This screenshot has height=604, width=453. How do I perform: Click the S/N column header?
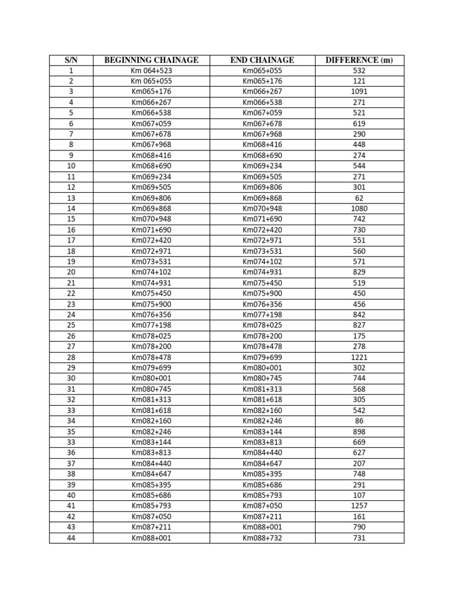pyautogui.click(x=71, y=60)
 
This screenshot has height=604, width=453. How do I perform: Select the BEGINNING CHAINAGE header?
pyautogui.click(x=151, y=60)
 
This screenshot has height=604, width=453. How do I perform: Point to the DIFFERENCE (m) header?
pyautogui.click(x=359, y=60)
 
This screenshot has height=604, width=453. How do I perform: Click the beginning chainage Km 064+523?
pyautogui.click(x=151, y=70)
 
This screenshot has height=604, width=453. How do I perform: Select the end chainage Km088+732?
pyautogui.click(x=262, y=538)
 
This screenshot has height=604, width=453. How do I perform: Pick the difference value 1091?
pyautogui.click(x=359, y=91)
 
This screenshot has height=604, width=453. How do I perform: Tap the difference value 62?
pyautogui.click(x=359, y=198)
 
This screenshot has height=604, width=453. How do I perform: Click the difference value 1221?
pyautogui.click(x=359, y=357)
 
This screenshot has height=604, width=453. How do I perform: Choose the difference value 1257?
pyautogui.click(x=359, y=506)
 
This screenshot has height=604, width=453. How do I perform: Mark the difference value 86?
pyautogui.click(x=359, y=421)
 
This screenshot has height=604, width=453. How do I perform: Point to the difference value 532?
pyautogui.click(x=359, y=70)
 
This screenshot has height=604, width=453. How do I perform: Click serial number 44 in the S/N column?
pyautogui.click(x=71, y=538)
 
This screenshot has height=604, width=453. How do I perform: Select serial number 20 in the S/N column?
pyautogui.click(x=71, y=272)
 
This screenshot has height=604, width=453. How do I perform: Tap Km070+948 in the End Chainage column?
pyautogui.click(x=262, y=208)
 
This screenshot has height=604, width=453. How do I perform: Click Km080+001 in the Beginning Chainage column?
pyautogui.click(x=151, y=378)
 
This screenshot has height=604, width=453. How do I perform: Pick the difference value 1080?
pyautogui.click(x=359, y=208)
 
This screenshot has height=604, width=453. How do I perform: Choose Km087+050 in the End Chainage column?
pyautogui.click(x=262, y=506)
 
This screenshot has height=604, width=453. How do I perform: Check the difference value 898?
pyautogui.click(x=359, y=431)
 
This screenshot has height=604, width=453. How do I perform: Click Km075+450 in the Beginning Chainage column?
pyautogui.click(x=151, y=293)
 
